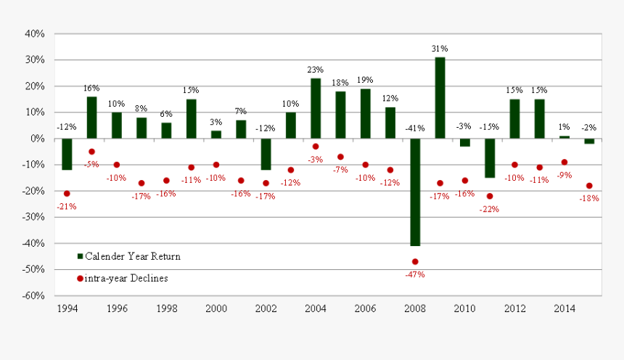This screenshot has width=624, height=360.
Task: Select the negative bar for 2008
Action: click(x=415, y=192)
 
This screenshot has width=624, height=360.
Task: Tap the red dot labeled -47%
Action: click(x=415, y=261)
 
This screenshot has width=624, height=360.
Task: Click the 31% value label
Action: click(x=440, y=49)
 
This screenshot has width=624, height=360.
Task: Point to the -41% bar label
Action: click(x=415, y=128)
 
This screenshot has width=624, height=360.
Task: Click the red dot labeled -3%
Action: click(x=316, y=147)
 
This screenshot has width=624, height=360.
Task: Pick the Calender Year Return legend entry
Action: click(x=128, y=256)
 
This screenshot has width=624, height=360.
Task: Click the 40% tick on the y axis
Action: click(x=36, y=33)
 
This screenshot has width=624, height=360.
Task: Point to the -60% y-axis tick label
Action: click(x=34, y=295)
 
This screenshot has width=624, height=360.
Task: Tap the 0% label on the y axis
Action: click(x=38, y=139)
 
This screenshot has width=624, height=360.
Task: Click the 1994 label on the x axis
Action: click(x=67, y=308)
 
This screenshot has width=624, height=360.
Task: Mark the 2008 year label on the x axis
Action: click(x=415, y=308)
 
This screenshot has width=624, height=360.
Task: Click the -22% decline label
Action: click(x=490, y=209)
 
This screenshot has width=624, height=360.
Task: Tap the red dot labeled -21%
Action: click(x=67, y=194)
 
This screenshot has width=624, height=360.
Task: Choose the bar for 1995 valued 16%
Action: click(x=92, y=118)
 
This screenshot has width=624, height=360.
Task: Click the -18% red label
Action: click(x=589, y=198)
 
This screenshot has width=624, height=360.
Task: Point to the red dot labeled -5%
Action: click(x=92, y=152)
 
